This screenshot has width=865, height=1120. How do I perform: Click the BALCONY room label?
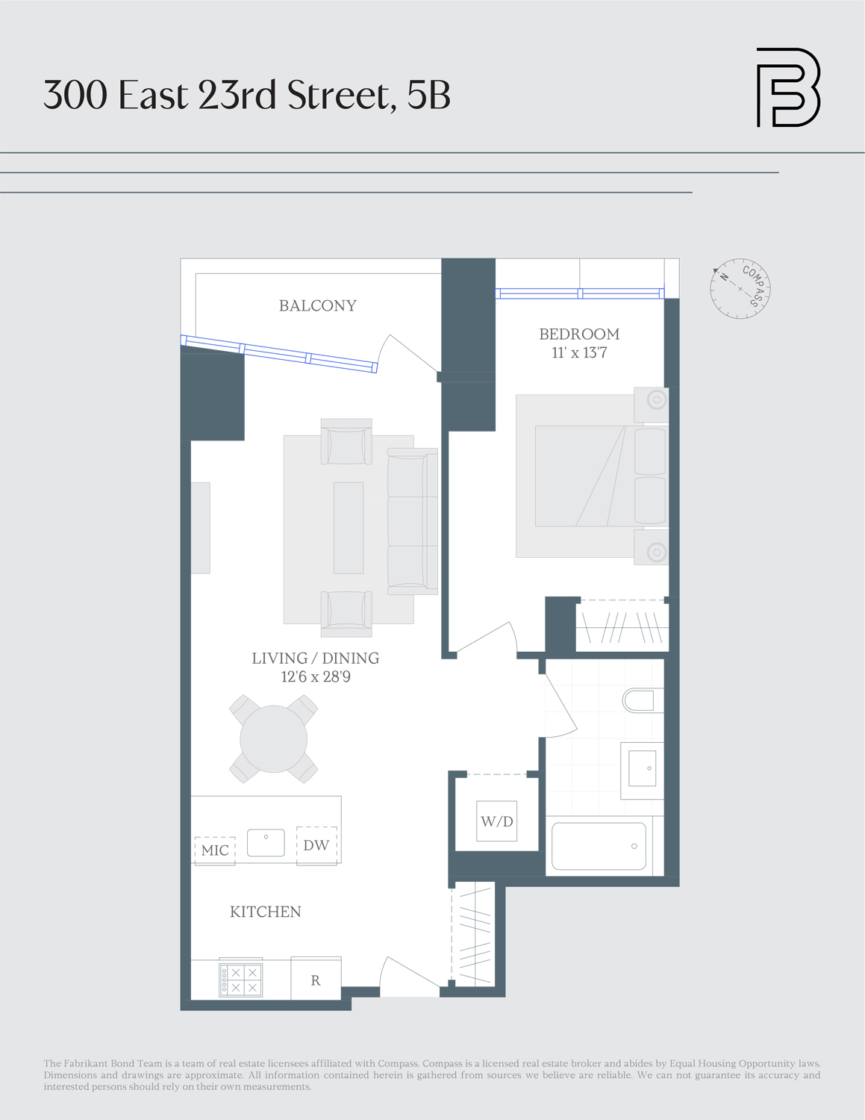317,305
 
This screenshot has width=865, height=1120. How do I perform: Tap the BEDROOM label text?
579,334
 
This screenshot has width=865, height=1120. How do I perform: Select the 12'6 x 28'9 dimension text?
316,677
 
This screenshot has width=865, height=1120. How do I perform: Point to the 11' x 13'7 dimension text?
579,353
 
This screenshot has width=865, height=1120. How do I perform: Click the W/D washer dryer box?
496,821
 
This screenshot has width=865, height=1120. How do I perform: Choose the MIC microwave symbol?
215,850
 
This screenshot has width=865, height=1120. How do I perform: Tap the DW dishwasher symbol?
316,845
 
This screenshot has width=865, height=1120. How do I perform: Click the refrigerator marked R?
316,980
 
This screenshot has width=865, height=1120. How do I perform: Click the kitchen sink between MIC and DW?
266,843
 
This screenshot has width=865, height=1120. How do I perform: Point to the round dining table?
273,738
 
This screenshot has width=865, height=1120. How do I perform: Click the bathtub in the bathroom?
599,846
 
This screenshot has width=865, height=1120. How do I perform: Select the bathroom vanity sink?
642,768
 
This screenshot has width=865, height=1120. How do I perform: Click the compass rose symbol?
740,289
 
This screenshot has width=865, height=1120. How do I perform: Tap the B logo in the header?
788,87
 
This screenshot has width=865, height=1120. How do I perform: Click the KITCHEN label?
265,912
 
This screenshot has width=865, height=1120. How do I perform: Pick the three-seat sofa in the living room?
412,521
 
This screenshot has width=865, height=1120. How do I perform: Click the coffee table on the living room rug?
349,527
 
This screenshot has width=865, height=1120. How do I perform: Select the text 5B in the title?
429,95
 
